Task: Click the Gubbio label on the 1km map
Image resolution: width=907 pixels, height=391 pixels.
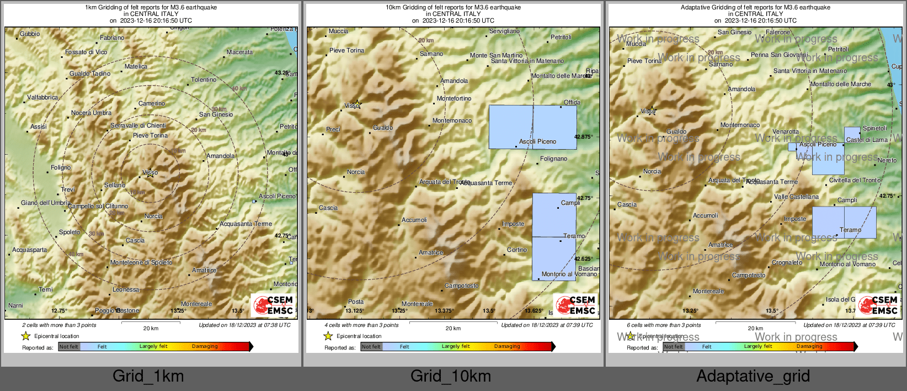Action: (x=30, y=34)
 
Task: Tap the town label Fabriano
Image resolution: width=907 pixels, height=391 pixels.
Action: (x=112, y=38)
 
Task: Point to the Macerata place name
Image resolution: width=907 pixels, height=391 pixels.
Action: (x=239, y=52)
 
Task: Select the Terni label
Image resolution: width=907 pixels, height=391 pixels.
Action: (x=46, y=289)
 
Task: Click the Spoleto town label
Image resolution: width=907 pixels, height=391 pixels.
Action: (x=70, y=232)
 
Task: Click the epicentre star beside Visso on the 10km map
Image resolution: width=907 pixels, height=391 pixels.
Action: (x=358, y=103)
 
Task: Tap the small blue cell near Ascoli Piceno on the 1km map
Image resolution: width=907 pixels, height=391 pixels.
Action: (x=254, y=202)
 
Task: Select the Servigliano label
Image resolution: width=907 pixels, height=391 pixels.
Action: (x=504, y=31)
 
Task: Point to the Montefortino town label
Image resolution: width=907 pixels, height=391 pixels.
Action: (x=454, y=98)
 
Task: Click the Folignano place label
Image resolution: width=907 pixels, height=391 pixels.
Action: (x=553, y=158)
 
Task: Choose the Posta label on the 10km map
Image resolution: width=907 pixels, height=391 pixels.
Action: (x=356, y=302)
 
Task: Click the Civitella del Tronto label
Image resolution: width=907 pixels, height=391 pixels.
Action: (x=855, y=180)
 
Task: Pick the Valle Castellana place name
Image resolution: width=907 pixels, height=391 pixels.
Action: (x=796, y=197)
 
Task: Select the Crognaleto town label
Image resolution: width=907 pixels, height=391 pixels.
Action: (x=787, y=262)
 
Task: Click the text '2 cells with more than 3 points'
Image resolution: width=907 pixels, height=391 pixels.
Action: (x=59, y=325)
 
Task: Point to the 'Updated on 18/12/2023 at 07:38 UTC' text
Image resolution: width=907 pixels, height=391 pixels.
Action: (x=244, y=325)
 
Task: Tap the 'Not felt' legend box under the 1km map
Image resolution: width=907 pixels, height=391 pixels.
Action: (x=69, y=347)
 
